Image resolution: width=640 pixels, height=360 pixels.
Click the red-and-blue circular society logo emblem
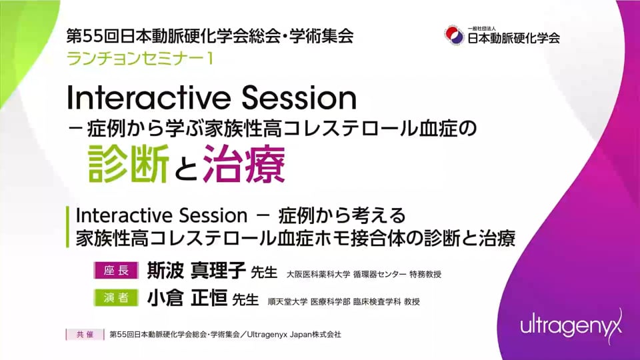(x=454, y=35)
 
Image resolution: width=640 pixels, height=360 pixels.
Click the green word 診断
(x=129, y=163)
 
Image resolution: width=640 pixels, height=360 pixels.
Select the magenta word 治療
(x=244, y=163)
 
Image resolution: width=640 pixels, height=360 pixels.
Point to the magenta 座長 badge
(x=116, y=270)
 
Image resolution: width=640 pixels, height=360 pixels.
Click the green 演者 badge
(x=116, y=298)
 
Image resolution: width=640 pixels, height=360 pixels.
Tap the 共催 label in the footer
(x=85, y=334)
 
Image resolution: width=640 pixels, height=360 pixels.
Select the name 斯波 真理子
(x=196, y=270)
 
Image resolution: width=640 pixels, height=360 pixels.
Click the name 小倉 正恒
(x=187, y=298)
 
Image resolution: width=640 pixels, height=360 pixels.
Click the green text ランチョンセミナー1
(x=140, y=59)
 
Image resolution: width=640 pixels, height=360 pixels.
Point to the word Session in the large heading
(x=299, y=98)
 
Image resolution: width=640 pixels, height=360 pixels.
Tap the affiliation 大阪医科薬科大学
(x=319, y=274)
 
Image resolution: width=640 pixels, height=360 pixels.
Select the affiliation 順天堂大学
(x=287, y=301)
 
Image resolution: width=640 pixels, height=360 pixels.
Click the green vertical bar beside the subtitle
(x=68, y=227)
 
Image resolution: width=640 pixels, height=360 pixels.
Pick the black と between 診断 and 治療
(x=186, y=168)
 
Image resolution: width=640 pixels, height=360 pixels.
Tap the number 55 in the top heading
(x=93, y=36)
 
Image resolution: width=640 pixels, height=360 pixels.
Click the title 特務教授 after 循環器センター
(x=425, y=274)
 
